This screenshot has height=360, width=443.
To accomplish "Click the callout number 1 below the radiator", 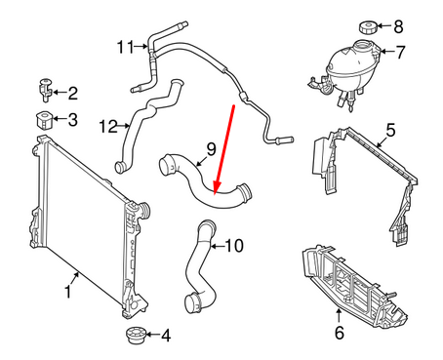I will coord(68,291).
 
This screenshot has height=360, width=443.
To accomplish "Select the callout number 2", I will coord(73,94).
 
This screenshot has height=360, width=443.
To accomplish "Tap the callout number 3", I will coord(73,121).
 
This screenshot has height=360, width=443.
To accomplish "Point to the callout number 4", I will coord(165,337).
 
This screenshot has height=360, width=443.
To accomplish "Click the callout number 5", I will coord(390,129).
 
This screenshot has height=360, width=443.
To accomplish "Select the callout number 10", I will coord(233,247).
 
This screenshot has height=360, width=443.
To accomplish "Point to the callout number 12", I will coord(108,125).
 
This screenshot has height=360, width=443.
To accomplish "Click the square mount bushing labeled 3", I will coord(44,121).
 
